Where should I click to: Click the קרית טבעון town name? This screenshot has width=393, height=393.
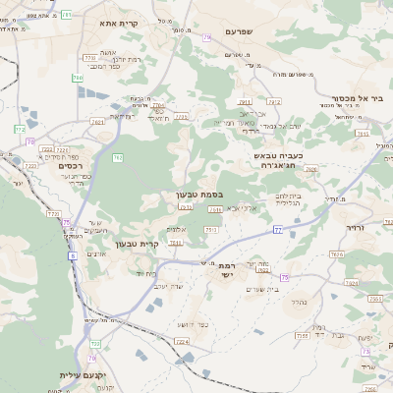pyautogui.click(x=137, y=244)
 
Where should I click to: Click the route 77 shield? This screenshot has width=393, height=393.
pyautogui.click(x=278, y=229)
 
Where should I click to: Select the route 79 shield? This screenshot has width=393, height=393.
pyautogui.click(x=206, y=37)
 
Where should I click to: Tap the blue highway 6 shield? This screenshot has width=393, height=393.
pyautogui.click(x=72, y=255)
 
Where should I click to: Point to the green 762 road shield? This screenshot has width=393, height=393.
pyautogui.click(x=117, y=157)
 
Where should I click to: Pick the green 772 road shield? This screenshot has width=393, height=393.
pyautogui.click(x=96, y=344)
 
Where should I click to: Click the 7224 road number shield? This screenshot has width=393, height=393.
pyautogui.click(x=181, y=341)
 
